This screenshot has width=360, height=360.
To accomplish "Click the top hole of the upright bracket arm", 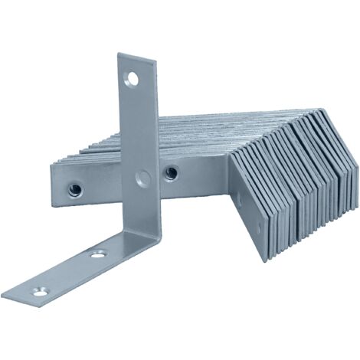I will click(x=133, y=77).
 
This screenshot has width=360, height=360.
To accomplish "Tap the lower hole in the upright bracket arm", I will click(x=142, y=178).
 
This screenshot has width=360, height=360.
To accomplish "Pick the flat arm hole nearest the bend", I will click(x=97, y=254).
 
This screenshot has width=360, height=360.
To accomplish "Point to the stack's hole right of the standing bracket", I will click(x=171, y=173).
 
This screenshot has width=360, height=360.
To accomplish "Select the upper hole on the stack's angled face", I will click(x=238, y=201).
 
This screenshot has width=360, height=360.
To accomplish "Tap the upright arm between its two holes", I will click(x=138, y=126).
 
